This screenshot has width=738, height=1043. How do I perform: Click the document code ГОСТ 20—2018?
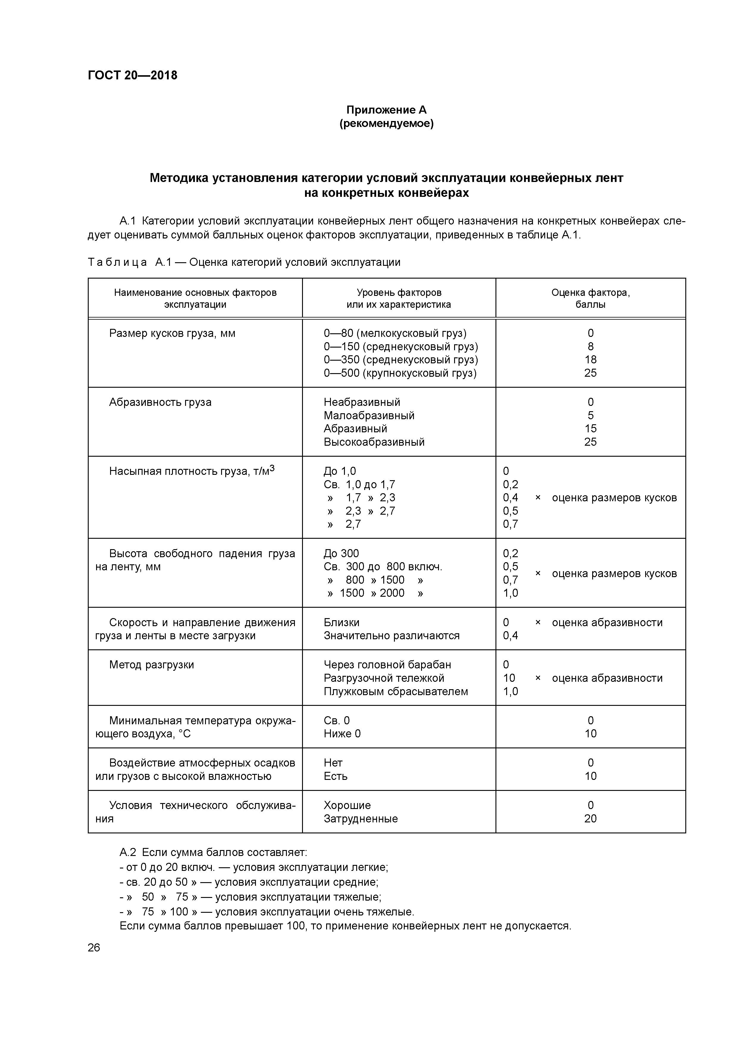tap(132, 75)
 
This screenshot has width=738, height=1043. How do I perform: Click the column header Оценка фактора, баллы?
tap(590, 299)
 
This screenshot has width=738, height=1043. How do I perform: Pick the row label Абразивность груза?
tap(160, 403)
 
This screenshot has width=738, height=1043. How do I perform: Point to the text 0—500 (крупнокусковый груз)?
tap(400, 373)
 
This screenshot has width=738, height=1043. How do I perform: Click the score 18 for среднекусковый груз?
tap(590, 360)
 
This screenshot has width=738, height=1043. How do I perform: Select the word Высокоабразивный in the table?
tap(374, 442)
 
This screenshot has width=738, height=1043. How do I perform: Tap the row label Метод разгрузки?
tap(151, 665)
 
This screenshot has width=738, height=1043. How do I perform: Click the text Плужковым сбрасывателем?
tap(395, 692)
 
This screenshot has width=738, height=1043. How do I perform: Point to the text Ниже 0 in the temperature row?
tap(342, 734)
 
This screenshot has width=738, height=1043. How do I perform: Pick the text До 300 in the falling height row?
tap(341, 554)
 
